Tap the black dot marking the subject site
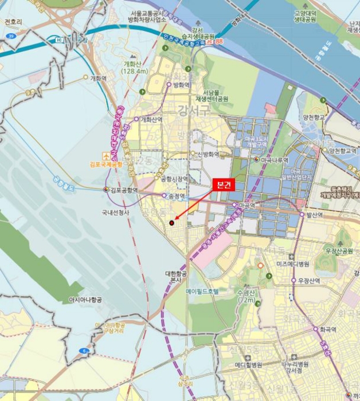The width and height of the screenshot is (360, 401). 171,222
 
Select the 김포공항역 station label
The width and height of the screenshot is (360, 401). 124,190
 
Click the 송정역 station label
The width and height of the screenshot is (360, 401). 177,196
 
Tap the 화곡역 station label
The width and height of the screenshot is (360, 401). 328,329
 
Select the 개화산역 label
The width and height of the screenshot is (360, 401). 151,119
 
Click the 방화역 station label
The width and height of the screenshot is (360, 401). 181,84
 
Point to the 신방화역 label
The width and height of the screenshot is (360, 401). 209,154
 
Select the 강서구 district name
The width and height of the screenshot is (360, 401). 194,110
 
